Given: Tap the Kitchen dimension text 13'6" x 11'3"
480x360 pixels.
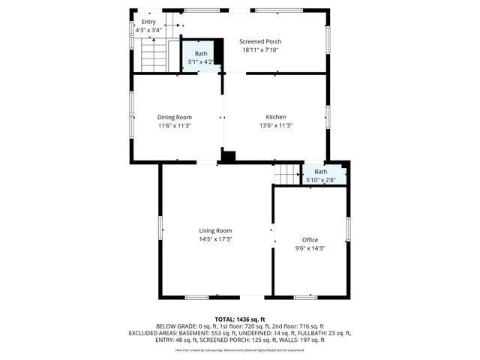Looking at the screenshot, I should (275, 126).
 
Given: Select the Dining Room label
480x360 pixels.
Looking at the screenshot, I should (174, 117).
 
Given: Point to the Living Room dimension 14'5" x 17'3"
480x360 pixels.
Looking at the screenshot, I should (215, 239).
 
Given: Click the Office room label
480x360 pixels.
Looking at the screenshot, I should (310, 239).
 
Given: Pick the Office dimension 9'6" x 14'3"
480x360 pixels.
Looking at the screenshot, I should (310, 248).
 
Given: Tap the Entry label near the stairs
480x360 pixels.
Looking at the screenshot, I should (148, 22).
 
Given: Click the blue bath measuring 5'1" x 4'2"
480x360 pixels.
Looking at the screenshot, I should (201, 58).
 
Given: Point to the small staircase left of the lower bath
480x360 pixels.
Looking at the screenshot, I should (286, 175).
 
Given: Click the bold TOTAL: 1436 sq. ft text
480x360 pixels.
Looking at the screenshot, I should (239, 319).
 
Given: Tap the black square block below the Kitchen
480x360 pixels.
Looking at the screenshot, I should (229, 156).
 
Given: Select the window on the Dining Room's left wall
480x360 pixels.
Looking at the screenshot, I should (132, 115).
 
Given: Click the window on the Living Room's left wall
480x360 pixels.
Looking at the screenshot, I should (160, 227).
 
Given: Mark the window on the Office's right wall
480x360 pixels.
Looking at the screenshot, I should (348, 229).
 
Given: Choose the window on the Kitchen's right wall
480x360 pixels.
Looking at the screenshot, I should (328, 116).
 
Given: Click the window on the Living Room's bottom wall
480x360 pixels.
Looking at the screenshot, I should (197, 297).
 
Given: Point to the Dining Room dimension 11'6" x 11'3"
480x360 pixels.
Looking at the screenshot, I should (174, 126).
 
